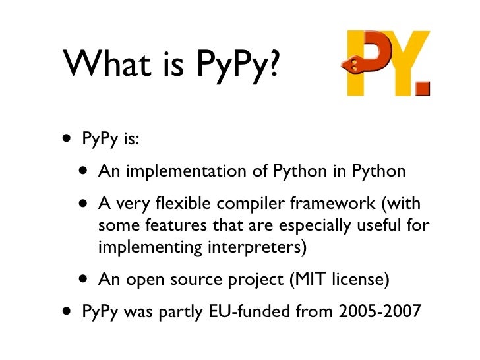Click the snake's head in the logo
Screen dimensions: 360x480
(x=352, y=64)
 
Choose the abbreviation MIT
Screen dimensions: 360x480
(x=302, y=280)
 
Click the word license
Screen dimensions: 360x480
(x=358, y=280)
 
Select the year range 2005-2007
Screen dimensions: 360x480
(x=376, y=311)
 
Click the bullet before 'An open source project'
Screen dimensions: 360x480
(x=84, y=279)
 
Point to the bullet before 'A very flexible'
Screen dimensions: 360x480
(x=84, y=205)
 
